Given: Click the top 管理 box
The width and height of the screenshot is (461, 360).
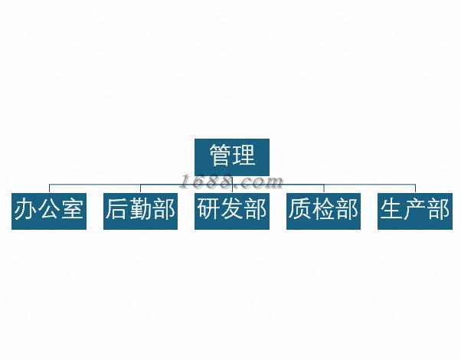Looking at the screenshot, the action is coord(232,156).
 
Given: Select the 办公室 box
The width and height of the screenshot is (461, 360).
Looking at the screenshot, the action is coord(48,210).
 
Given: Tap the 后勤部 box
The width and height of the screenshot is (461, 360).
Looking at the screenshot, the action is coord(140,210).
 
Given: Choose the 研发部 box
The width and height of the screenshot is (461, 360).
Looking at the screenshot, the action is coord(232,210).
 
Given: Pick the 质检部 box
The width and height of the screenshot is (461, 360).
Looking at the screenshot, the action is coord(323,210).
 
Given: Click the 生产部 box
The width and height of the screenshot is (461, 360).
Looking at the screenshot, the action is coord(415,210).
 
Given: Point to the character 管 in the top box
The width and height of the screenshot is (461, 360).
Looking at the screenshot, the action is coord(221,156).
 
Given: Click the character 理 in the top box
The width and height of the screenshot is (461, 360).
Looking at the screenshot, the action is coord(244,156).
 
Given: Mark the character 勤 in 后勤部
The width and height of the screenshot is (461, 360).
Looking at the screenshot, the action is coord(140,210).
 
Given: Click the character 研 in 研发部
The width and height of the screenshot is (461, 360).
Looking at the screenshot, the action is coord(208,210).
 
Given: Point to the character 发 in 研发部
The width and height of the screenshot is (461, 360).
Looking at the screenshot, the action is coord(232,210).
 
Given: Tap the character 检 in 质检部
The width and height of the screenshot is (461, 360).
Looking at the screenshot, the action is coord(323,210).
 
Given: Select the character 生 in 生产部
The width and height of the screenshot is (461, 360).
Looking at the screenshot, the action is coord(392,210).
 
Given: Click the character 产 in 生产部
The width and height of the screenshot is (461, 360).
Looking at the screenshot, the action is coord(415,210).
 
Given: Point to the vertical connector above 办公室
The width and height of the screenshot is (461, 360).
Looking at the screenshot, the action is coord(49,188).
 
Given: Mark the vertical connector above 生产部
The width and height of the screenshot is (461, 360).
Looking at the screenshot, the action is coord(415,188).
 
